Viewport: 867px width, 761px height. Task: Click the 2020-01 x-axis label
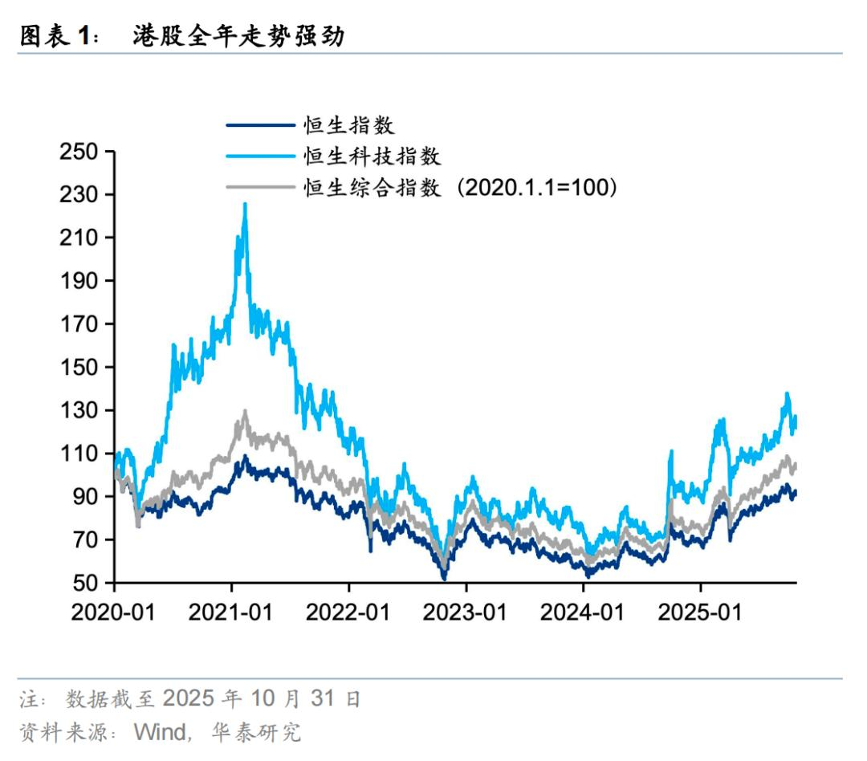[x=113, y=613]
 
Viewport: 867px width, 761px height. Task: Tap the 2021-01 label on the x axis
[x=230, y=613]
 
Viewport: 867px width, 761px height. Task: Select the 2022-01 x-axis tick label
[x=348, y=613]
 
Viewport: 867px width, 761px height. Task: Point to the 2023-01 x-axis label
[x=466, y=613]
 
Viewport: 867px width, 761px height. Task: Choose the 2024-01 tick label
[x=583, y=613]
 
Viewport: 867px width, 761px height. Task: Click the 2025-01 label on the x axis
[x=700, y=613]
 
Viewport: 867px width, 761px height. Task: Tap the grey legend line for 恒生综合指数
[x=260, y=187]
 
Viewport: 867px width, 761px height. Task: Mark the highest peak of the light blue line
[x=245, y=204]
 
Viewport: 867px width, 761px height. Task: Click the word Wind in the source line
[x=159, y=732]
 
